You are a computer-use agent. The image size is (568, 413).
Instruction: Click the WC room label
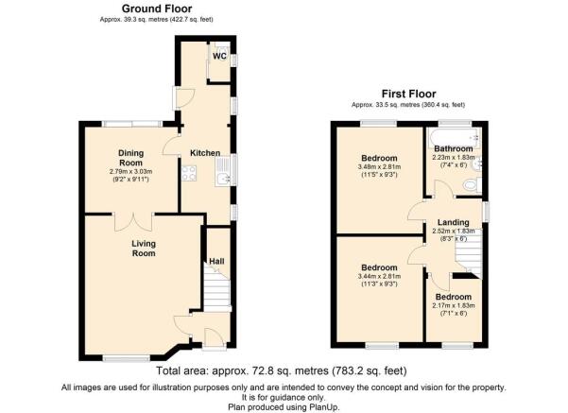[x=219, y=56]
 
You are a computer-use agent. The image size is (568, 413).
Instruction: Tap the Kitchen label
[x=205, y=153]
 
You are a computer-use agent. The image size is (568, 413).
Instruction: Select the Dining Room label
[x=131, y=158]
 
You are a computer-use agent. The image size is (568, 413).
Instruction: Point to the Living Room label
[x=144, y=249]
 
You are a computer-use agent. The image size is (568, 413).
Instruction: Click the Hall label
[x=216, y=261]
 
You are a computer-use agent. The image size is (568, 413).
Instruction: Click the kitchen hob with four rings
[x=189, y=173]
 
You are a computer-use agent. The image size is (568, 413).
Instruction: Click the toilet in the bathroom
[x=472, y=185]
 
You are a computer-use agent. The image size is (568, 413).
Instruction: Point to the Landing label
[x=453, y=222]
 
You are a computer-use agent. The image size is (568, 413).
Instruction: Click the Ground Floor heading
[x=157, y=9]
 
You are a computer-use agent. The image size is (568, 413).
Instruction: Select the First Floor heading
[x=408, y=94]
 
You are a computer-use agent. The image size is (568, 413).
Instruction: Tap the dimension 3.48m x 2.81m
[x=379, y=167]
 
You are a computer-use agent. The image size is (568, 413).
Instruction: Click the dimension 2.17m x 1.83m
[x=454, y=305]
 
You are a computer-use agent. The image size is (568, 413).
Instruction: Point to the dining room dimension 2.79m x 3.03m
[x=130, y=171]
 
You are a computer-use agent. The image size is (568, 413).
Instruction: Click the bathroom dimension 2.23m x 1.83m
[x=454, y=158]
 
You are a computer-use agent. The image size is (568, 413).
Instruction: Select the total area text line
[x=282, y=370]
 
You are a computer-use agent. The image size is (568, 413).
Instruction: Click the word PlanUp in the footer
[x=323, y=406]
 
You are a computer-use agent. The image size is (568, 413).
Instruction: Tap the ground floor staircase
[x=216, y=288]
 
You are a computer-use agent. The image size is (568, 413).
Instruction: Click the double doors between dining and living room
[x=133, y=222]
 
